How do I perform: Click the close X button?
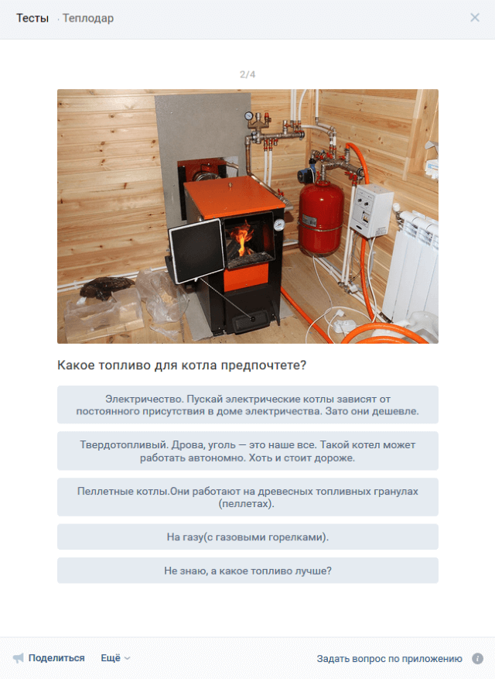(475, 17)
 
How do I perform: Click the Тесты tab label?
(32, 18)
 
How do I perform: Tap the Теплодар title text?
(88, 18)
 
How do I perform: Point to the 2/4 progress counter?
(247, 74)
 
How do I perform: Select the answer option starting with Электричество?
(247, 404)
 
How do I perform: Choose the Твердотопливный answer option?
(247, 451)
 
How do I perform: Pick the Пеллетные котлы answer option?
(247, 497)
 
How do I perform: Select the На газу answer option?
(247, 537)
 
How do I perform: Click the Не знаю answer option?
(247, 571)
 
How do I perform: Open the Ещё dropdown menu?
(115, 658)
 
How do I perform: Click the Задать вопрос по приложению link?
(389, 659)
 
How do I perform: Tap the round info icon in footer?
(477, 659)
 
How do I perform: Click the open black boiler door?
(196, 251)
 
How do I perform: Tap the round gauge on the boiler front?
(279, 225)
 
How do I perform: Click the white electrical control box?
(370, 211)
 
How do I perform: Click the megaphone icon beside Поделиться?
(18, 658)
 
